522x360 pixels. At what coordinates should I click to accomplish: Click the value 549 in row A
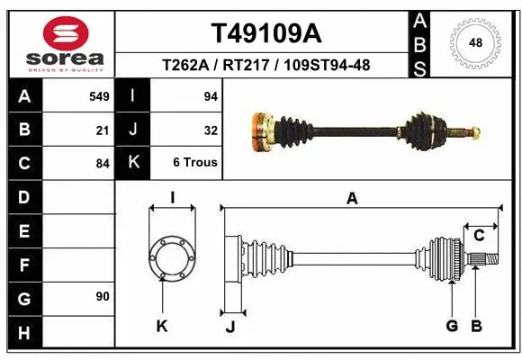tap(99, 96)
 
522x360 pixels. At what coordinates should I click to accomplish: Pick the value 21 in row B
tap(103, 130)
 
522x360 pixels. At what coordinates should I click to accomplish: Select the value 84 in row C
tap(103, 164)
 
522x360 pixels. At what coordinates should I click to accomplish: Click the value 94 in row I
tap(211, 96)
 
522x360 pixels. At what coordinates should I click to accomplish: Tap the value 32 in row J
tap(211, 130)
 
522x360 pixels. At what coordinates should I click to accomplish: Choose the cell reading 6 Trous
tap(194, 163)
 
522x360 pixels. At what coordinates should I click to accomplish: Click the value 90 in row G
tap(103, 296)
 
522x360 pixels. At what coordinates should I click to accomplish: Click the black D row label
tap(23, 197)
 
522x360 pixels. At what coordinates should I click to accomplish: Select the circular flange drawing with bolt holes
tap(171, 255)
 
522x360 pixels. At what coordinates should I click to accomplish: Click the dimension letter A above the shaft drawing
tap(352, 199)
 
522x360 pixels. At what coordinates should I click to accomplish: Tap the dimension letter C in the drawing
tap(480, 235)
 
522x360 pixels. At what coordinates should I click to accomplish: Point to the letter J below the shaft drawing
tap(230, 327)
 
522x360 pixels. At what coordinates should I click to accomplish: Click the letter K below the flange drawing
tap(162, 327)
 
